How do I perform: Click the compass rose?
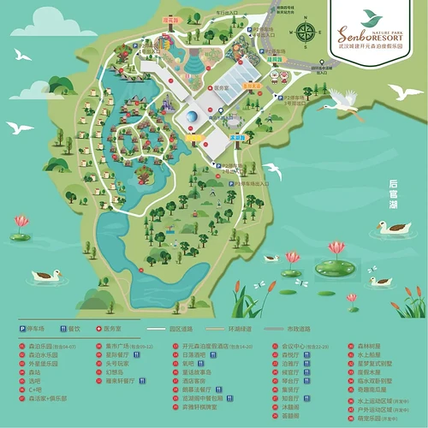pos(305,33)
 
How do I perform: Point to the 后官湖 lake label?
pos(394,194)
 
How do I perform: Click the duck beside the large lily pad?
pos(380,280)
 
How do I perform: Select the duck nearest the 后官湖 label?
pos(395,227)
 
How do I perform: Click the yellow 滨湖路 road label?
pos(238,137)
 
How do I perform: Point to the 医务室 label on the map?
pos(223,89)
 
